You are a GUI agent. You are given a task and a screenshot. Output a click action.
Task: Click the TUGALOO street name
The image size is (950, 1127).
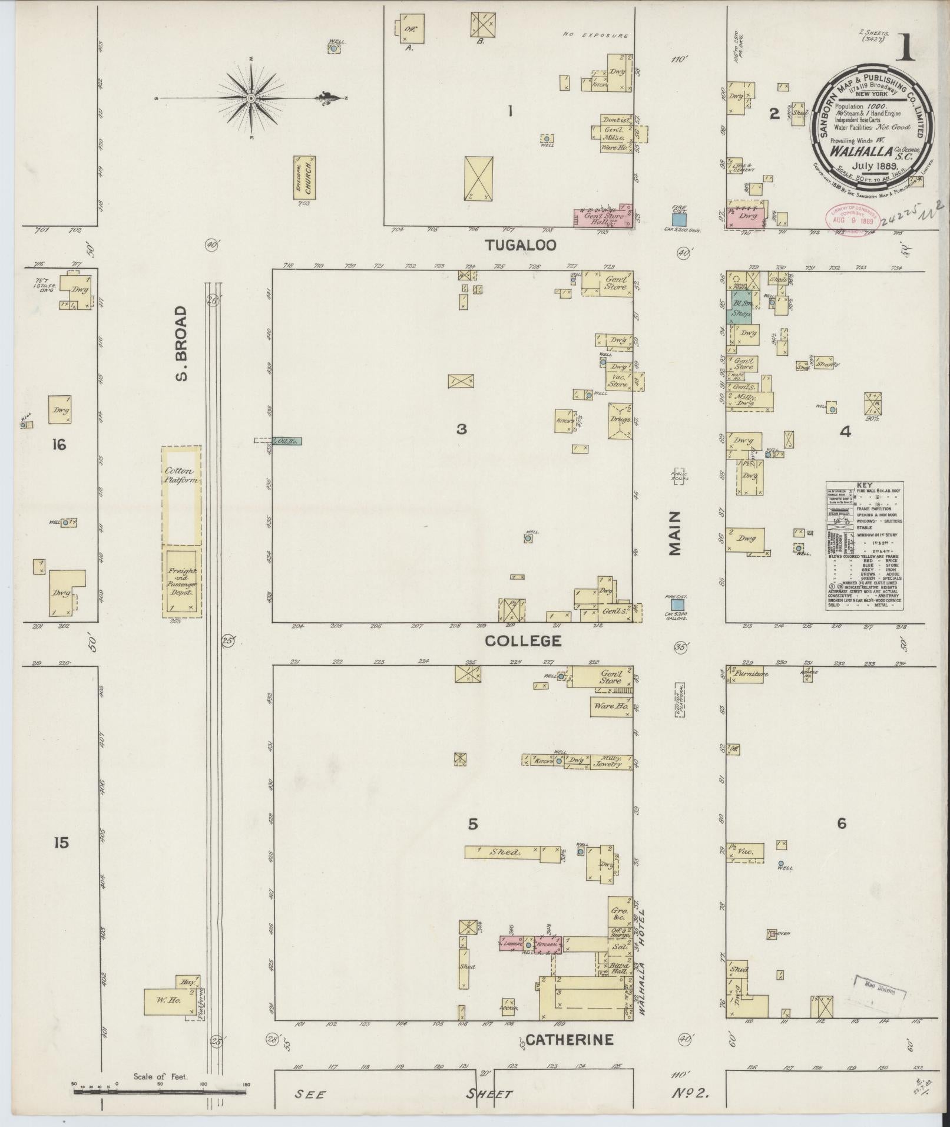(x=521, y=245)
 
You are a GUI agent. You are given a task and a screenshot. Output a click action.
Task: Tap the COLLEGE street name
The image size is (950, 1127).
(x=522, y=641)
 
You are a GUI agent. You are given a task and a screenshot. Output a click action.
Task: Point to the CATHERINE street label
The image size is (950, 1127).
(x=569, y=1040)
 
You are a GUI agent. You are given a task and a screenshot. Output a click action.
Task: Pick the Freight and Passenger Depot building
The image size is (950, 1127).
(x=182, y=582)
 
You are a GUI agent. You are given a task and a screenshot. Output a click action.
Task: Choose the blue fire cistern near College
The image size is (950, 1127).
(x=678, y=604)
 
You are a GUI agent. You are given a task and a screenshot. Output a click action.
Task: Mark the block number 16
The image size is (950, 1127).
(x=59, y=444)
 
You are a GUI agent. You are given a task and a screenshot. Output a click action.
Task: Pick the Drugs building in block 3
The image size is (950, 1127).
(x=621, y=420)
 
